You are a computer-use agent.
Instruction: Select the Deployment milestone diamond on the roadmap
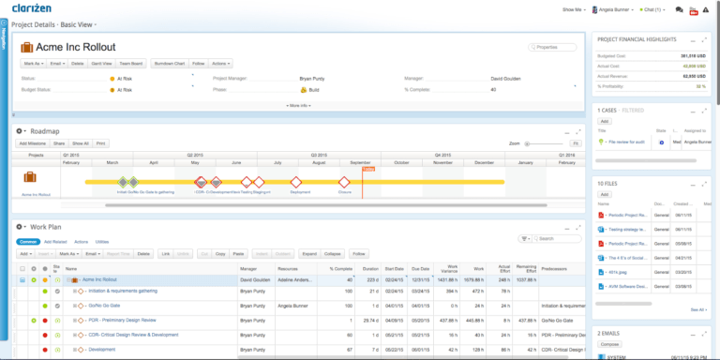[x=299, y=182]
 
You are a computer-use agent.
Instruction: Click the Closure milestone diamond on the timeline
[x=344, y=182]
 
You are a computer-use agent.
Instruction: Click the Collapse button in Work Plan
[x=332, y=253]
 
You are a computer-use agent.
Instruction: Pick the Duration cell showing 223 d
[x=369, y=279]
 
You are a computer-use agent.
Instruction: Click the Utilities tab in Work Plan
[x=102, y=241]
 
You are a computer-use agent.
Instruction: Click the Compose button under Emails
[x=610, y=344]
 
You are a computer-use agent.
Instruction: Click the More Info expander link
[x=299, y=106]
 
